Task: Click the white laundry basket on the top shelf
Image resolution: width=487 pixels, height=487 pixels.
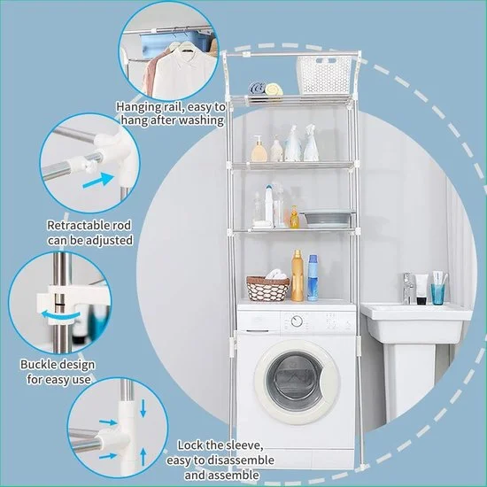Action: pyautogui.click(x=324, y=75)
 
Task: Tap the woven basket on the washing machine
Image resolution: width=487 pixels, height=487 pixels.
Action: pyautogui.click(x=267, y=289)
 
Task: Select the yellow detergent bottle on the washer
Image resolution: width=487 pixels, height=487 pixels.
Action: pyautogui.click(x=298, y=275)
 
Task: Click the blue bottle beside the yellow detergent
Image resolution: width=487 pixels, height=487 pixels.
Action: pyautogui.click(x=313, y=278)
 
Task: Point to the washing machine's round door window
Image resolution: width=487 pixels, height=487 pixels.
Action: pyautogui.click(x=296, y=381)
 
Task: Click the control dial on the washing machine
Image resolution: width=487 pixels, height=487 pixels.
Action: pyautogui.click(x=297, y=321)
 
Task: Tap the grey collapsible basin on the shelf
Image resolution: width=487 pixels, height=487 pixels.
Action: pyautogui.click(x=328, y=218)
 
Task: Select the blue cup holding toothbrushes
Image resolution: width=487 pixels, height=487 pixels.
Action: pyautogui.click(x=438, y=294)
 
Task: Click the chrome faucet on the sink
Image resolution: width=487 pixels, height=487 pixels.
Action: pyautogui.click(x=408, y=288)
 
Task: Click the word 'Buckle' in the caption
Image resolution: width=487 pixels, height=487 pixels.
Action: pyautogui.click(x=37, y=364)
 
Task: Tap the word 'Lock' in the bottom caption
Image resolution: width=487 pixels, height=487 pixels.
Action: pyautogui.click(x=190, y=445)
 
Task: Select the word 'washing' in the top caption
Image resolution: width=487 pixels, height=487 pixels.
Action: pyautogui.click(x=203, y=120)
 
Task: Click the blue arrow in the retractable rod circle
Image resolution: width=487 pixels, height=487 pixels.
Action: pyautogui.click(x=98, y=181)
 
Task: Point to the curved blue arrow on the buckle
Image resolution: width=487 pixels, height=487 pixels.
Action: pyautogui.click(x=60, y=315)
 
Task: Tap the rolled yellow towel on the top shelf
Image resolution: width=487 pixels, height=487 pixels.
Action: pyautogui.click(x=274, y=89)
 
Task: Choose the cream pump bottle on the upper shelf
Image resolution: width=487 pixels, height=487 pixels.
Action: pyautogui.click(x=259, y=149)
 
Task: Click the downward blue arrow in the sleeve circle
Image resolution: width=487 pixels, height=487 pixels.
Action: pyautogui.click(x=143, y=408)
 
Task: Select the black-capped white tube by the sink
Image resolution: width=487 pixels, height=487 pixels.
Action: pyautogui.click(x=421, y=289)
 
